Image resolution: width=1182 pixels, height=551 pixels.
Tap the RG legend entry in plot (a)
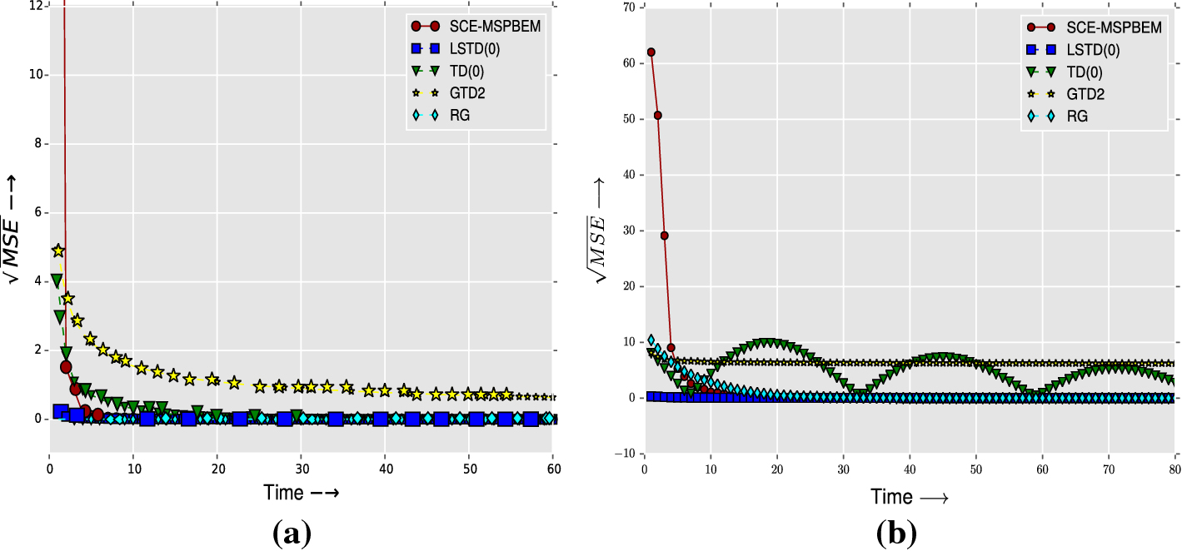point(458,115)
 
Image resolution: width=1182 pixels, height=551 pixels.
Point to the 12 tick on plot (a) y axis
point(36,7)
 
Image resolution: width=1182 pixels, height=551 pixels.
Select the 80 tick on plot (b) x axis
point(1174,469)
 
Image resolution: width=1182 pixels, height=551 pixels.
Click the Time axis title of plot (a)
point(301,492)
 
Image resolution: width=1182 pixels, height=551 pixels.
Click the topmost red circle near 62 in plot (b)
point(651,52)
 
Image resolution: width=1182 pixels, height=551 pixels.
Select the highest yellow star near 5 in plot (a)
point(58,251)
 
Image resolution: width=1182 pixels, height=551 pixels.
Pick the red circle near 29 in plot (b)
point(664,236)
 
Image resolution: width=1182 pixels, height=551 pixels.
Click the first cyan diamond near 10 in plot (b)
point(651,340)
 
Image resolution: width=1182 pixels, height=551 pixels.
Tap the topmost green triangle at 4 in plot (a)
point(57,280)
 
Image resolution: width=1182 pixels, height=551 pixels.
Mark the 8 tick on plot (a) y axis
point(38,144)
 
